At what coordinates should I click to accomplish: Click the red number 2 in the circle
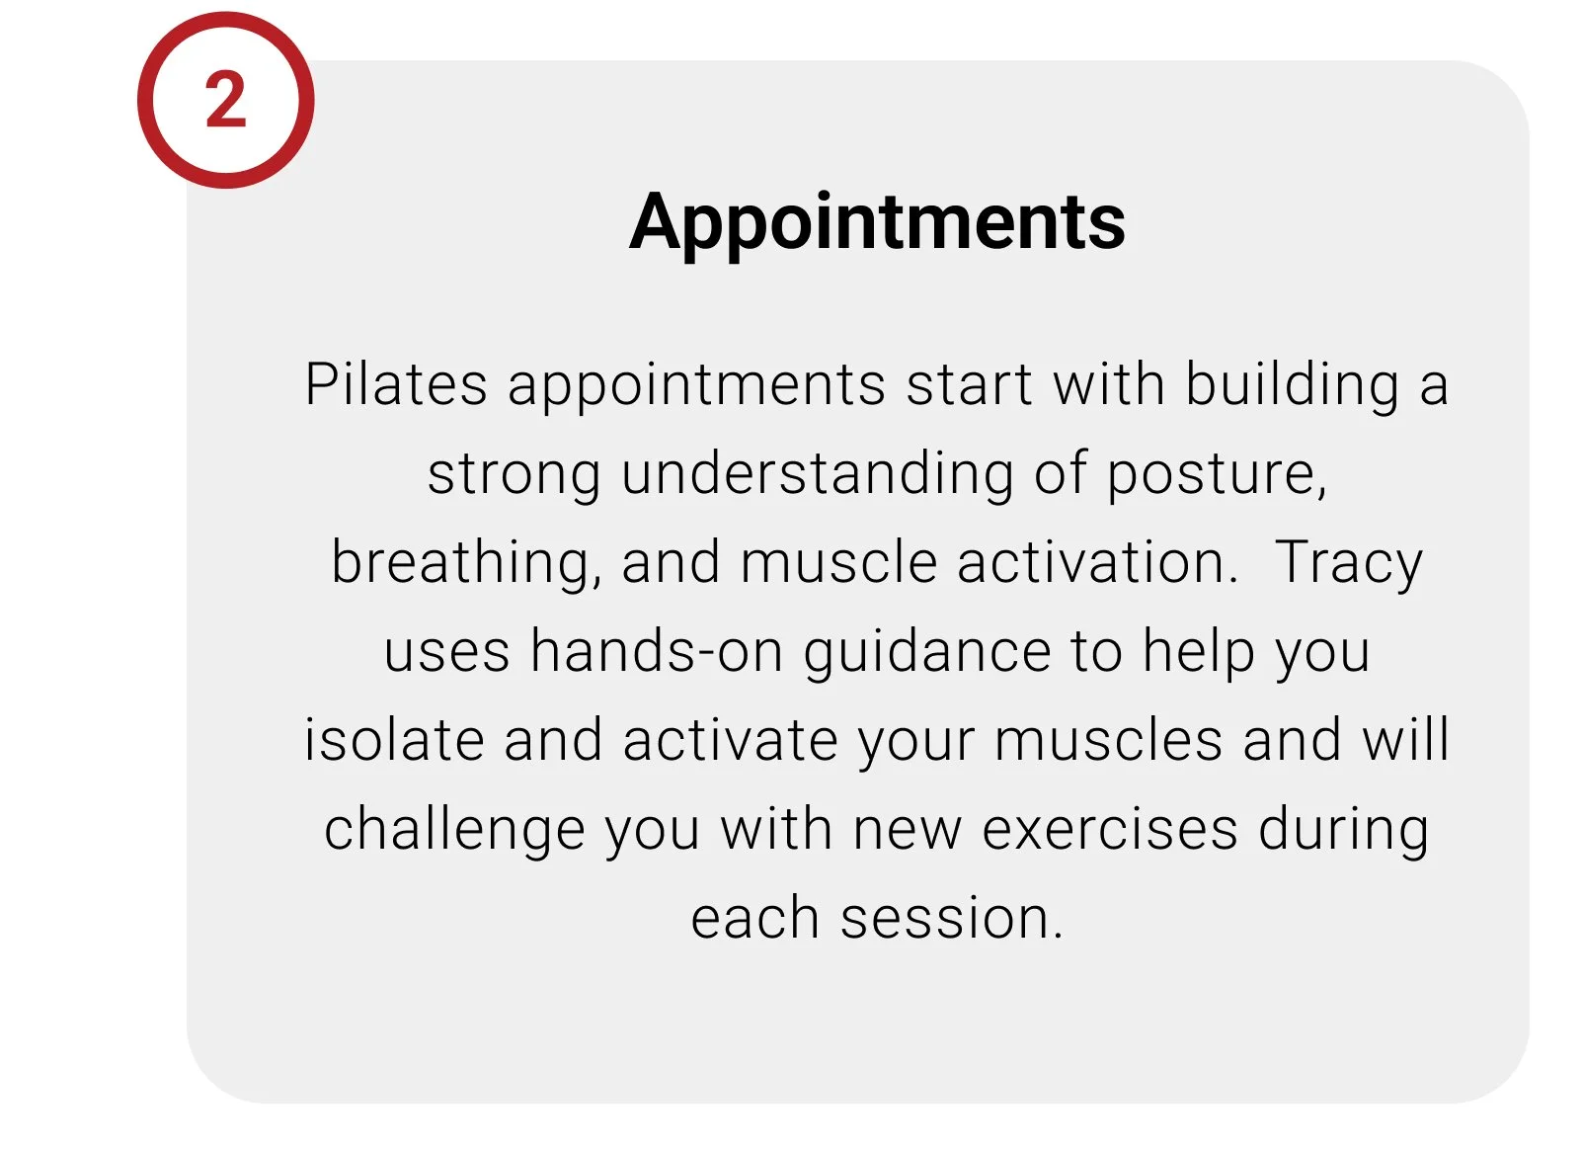[x=225, y=100]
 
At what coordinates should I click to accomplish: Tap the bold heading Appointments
[x=877, y=222]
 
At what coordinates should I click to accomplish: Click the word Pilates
[x=396, y=384]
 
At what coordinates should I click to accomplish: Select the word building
[x=1292, y=384]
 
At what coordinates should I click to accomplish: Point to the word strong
[x=514, y=473]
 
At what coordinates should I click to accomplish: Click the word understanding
[x=818, y=473]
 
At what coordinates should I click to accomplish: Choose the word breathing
[x=462, y=563]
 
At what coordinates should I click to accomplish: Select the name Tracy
[x=1349, y=563]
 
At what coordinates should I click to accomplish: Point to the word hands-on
[x=657, y=652]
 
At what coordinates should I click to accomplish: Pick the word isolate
[x=394, y=740]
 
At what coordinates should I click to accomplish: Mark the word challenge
[x=454, y=830]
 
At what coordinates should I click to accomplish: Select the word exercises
[x=1110, y=829]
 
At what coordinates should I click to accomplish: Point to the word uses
[x=446, y=652]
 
